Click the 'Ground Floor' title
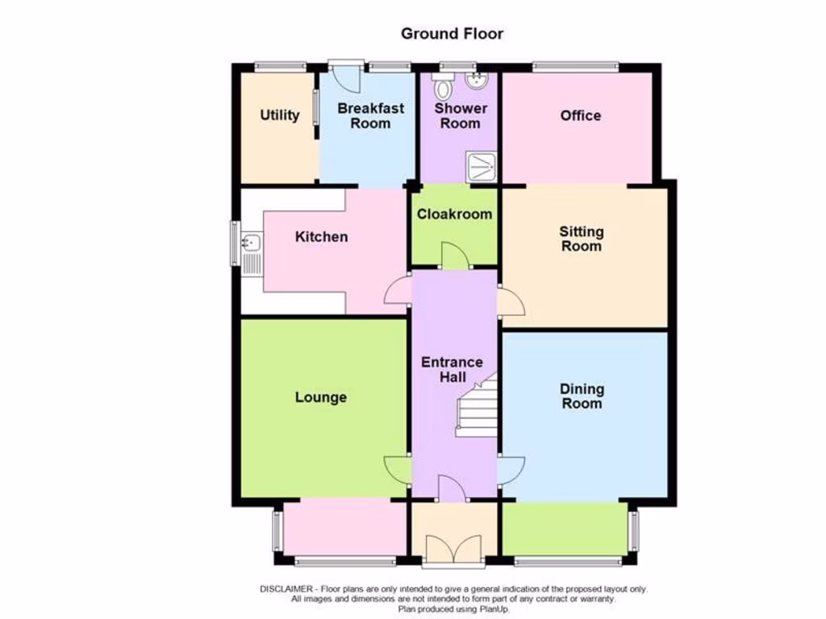click(452, 33)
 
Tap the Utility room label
click(279, 115)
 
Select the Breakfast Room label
click(370, 115)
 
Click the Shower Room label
click(460, 115)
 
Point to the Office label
click(580, 115)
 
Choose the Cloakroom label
click(454, 214)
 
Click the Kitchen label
click(321, 236)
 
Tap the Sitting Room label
click(581, 239)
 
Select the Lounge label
click(320, 397)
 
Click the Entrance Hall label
click(452, 369)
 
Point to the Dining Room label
click(582, 396)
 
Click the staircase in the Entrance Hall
click(477, 408)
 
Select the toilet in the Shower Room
click(443, 83)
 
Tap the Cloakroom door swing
click(455, 255)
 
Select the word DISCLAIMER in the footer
click(288, 589)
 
